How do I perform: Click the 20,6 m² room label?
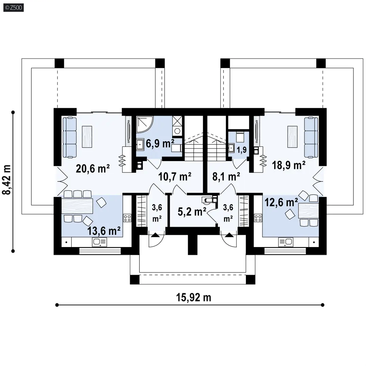point(93,168)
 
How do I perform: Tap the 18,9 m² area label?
point(288,165)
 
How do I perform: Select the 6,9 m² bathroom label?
point(160,143)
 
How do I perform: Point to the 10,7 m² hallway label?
point(175,176)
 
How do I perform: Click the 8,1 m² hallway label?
point(226,176)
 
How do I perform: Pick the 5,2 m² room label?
point(192,212)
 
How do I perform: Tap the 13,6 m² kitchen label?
point(104,231)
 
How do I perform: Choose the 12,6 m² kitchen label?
point(281,202)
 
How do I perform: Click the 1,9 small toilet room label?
point(242,150)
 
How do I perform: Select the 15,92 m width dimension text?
point(194,297)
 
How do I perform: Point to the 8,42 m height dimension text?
point(7,180)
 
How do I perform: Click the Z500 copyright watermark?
point(14,8)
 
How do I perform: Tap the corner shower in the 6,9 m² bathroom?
point(145,124)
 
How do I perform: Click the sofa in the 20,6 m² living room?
point(70,137)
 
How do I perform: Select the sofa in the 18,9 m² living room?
point(311,137)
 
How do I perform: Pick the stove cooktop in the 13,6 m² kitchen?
point(127,218)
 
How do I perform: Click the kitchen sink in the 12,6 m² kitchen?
point(286,242)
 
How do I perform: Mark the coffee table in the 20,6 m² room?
point(87,137)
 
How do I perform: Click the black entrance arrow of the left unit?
point(155,235)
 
